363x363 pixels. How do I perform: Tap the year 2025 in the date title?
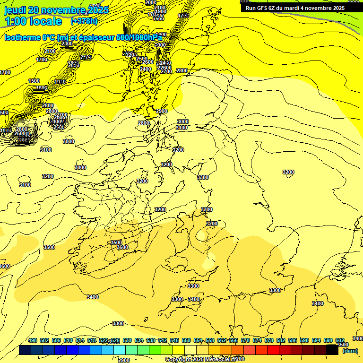(x=97, y=10)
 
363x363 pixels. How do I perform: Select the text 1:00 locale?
(x=33, y=21)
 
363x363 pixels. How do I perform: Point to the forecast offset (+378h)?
(x=84, y=21)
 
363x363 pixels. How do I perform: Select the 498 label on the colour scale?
(x=33, y=340)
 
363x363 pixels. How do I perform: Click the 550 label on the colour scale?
(x=186, y=340)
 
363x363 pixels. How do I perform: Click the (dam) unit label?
(x=350, y=350)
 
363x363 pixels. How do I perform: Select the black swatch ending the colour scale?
(x=332, y=350)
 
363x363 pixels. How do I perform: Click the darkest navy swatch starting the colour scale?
(x=25, y=350)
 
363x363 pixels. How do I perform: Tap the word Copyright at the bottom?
(x=179, y=360)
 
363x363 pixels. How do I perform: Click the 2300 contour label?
(x=67, y=43)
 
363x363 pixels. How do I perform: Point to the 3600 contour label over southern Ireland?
(x=122, y=247)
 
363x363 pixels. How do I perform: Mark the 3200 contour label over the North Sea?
(x=288, y=172)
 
